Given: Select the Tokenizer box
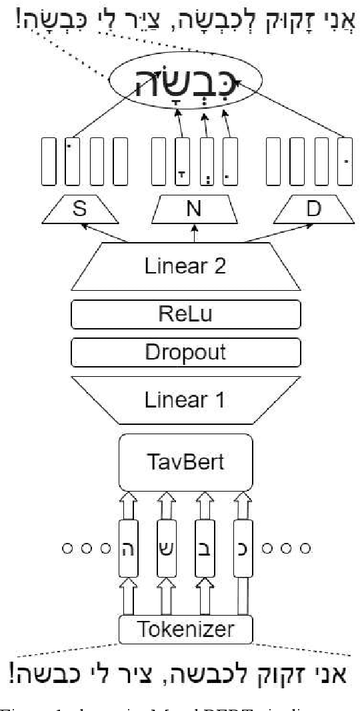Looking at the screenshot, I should coord(186,628).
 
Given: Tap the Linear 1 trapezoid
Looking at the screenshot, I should coord(185,400).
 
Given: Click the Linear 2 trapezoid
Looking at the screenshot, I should coord(185,267).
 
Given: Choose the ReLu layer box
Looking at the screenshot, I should coord(185,313).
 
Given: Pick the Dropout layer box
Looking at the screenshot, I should coord(185,351).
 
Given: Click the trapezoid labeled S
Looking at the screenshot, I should coord(80,209).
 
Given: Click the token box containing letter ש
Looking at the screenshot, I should coord(167,549).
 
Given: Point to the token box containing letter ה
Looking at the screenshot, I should coord(129,549).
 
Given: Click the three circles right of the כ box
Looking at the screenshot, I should coord(287,549).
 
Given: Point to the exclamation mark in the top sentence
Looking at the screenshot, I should coord(15,19).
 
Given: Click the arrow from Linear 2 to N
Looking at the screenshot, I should coord(195,234).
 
